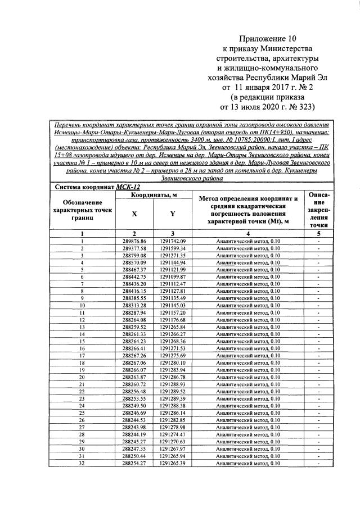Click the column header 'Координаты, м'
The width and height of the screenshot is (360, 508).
coord(154,194)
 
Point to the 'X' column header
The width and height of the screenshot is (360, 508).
coord(134,214)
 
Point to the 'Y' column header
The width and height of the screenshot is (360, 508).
coord(172,214)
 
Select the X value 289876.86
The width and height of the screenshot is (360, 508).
coord(134,241)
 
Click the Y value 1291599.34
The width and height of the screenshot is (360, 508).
coord(173,248)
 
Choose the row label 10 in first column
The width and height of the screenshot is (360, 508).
coord(82,305)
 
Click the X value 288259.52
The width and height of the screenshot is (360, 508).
coord(134,326)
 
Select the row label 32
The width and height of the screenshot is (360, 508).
coord(82,464)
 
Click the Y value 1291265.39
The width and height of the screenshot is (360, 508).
coord(173,464)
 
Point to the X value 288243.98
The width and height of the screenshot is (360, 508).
coord(134,428)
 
